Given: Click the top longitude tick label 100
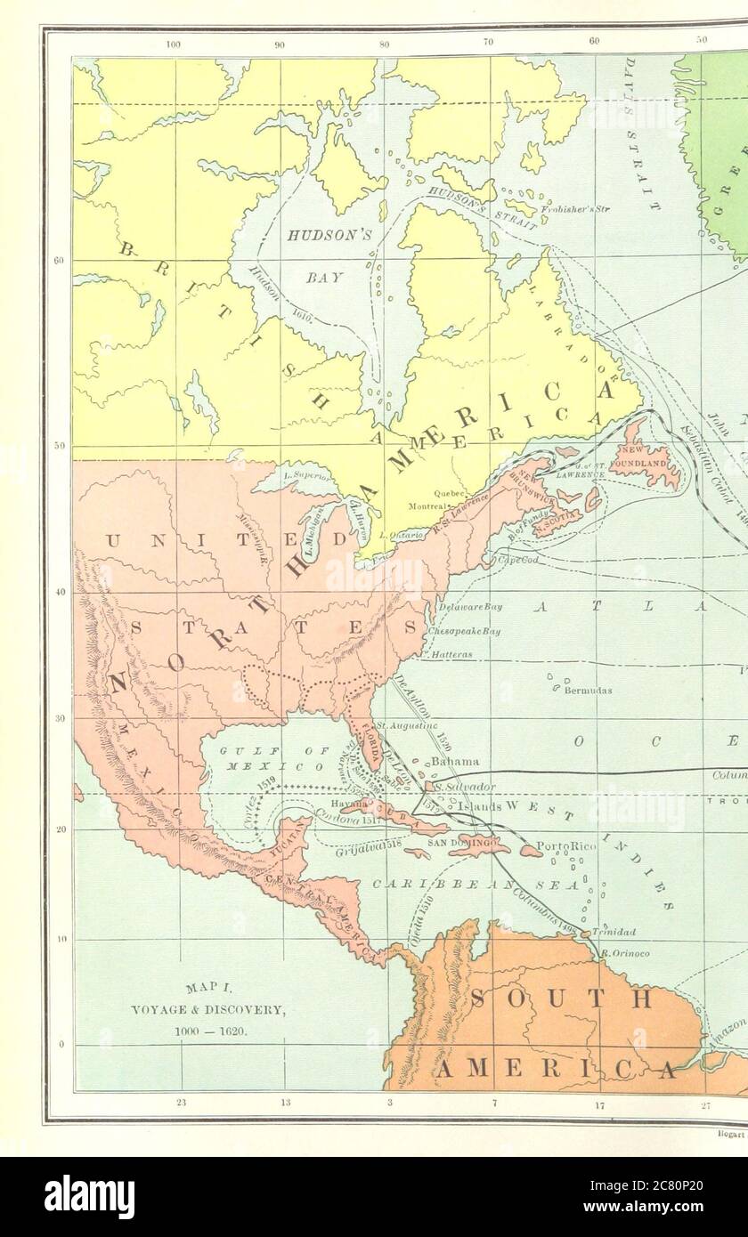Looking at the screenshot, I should coord(174,43).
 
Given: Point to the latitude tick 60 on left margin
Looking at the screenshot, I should coord(59,261).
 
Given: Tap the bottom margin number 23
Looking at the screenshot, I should coord(181,1104).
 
